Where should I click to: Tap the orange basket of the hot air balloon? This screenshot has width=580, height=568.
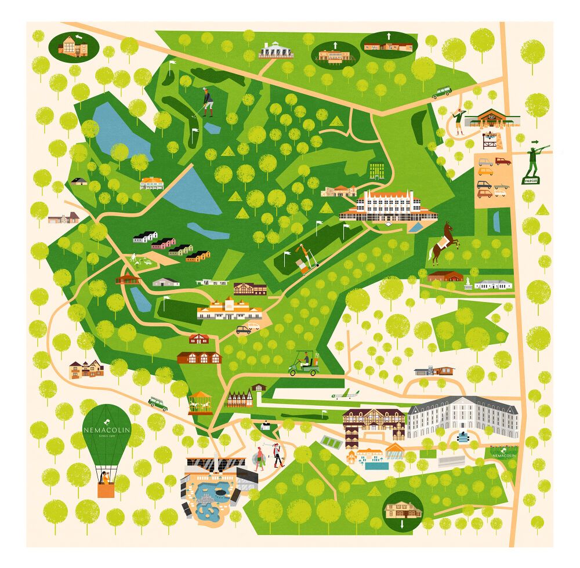pyautogui.click(x=106, y=490)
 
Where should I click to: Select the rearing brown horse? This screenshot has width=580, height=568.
pyautogui.click(x=444, y=242)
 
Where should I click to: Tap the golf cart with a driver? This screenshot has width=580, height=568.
pyautogui.click(x=304, y=363)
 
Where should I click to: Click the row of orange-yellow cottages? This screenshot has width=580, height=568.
pyautogui.click(x=198, y=256)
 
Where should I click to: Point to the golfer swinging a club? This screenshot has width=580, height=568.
pyautogui.click(x=207, y=102)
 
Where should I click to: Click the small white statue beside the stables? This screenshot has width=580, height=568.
pyautogui.click(x=467, y=282)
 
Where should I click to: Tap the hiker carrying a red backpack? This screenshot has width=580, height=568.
pyautogui.click(x=279, y=454)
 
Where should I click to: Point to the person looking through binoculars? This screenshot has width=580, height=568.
pyautogui.click(x=459, y=120)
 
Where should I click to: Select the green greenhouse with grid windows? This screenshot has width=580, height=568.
pyautogui.click(x=376, y=169)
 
